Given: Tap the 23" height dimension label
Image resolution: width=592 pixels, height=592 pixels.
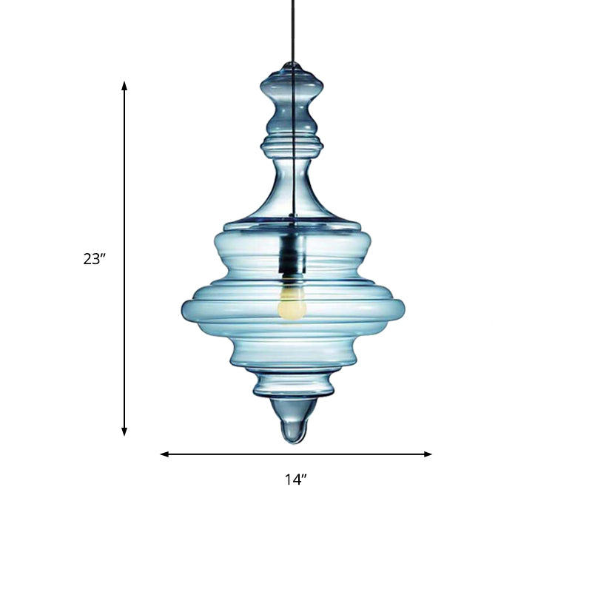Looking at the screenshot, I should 95,259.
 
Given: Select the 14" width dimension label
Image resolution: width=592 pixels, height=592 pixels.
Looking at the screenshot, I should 296,480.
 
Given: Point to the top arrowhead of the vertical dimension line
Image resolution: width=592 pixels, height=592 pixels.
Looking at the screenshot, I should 124,85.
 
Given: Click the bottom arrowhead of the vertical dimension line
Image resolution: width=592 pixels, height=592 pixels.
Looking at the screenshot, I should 124,431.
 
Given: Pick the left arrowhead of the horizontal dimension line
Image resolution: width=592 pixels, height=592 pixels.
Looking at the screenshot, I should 164,454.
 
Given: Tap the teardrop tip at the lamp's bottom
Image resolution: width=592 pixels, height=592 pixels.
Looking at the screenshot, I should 294,428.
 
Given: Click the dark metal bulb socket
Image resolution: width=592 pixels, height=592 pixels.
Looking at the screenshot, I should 291,255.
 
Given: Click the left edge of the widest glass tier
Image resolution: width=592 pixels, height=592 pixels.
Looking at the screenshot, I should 185,309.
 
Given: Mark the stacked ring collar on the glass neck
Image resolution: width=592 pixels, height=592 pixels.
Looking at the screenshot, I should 295,141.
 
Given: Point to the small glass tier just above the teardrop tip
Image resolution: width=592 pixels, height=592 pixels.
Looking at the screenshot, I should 293,385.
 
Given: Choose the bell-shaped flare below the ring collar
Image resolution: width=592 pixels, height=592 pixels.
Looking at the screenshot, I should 294,192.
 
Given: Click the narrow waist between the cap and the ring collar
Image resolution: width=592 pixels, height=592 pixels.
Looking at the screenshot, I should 295,115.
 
